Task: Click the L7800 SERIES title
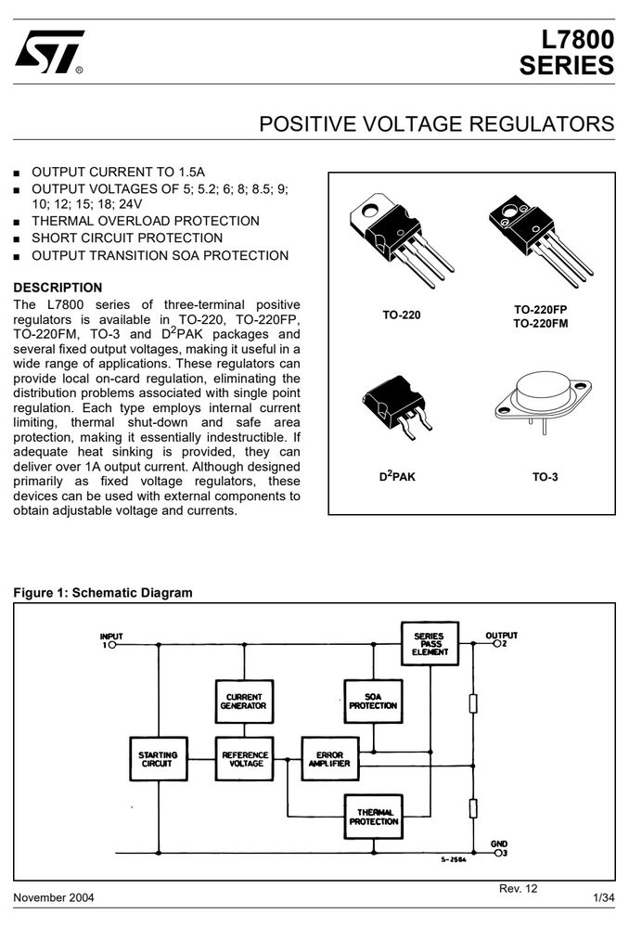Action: click(566, 53)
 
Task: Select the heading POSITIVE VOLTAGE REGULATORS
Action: click(437, 124)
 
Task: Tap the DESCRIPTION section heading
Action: click(58, 288)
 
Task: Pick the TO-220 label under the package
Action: click(402, 315)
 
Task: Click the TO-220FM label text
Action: click(540, 324)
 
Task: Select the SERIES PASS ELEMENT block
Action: click(430, 644)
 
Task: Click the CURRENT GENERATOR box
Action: click(244, 702)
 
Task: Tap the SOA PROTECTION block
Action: click(373, 702)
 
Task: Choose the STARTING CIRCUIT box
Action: click(158, 759)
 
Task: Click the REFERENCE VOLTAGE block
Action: click(245, 759)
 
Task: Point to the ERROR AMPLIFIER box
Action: click(330, 759)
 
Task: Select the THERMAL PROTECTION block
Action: click(374, 817)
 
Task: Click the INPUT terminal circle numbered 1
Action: click(112, 645)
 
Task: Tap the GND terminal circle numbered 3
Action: click(498, 853)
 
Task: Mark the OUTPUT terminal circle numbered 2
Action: click(497, 644)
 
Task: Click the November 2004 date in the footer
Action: click(54, 898)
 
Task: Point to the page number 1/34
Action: click(604, 898)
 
